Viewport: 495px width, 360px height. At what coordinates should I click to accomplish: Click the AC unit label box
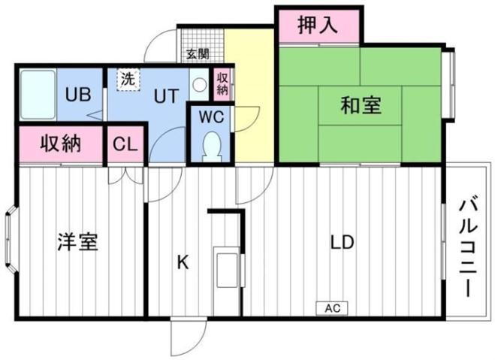coord(332,308)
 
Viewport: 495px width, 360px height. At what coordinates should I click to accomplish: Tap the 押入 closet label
coord(318,26)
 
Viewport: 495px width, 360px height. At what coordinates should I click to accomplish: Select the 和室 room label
coord(361,105)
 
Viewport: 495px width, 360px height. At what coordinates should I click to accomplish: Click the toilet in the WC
coord(212,147)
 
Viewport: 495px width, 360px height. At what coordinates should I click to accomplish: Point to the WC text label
coord(211,116)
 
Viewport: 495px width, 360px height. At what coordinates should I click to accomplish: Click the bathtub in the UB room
coord(38,95)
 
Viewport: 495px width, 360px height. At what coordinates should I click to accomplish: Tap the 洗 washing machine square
coord(128,80)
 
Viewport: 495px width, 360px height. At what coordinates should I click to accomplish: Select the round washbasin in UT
coord(200,85)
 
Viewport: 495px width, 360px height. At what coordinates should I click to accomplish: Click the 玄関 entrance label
coord(198,54)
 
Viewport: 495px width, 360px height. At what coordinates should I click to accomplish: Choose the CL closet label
coord(125,144)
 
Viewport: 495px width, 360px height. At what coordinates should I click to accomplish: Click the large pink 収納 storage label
coord(61,144)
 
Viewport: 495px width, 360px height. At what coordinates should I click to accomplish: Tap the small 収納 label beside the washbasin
coord(222,83)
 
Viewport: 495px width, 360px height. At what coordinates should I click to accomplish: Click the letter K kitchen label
coord(183,262)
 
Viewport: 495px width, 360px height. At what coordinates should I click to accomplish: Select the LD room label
coord(342,243)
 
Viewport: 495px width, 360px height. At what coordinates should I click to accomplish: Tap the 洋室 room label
coord(77,242)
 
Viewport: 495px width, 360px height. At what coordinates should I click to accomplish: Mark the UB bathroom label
coord(78,94)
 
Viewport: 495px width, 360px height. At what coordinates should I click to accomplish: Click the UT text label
coord(166,96)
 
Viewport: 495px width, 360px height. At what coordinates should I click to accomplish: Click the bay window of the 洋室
coord(11,239)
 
